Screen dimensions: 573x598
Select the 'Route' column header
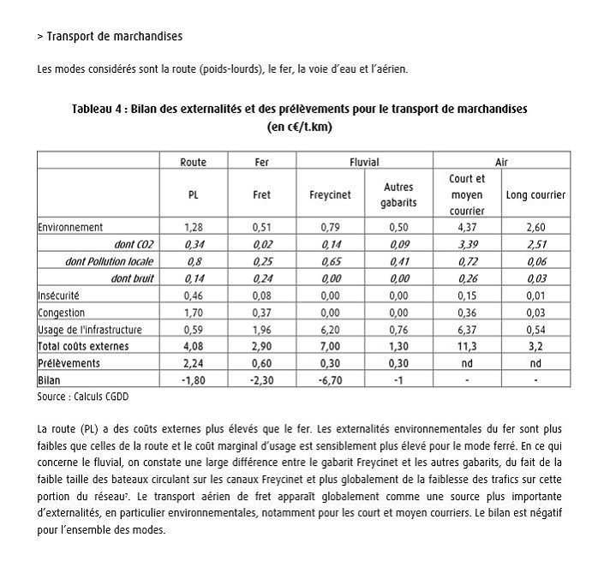(193, 162)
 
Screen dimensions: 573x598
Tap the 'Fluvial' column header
(364, 162)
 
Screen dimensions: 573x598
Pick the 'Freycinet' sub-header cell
(330, 194)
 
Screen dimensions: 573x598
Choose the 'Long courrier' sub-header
(535, 194)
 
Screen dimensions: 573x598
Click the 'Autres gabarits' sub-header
(398, 194)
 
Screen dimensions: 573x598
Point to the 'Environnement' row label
(70, 227)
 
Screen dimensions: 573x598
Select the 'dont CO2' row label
(134, 244)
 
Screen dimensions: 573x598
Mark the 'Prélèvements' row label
(69, 363)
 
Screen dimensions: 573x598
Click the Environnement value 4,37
(467, 227)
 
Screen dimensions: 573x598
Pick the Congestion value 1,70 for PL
(193, 313)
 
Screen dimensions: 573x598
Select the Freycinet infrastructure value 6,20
(330, 330)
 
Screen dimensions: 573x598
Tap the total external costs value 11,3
(467, 346)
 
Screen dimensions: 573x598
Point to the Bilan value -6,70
(330, 380)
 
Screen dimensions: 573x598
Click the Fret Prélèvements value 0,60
(262, 363)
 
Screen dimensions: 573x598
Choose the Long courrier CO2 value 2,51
(535, 244)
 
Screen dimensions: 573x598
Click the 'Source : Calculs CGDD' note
(82, 397)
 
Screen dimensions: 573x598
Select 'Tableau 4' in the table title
(99, 110)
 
